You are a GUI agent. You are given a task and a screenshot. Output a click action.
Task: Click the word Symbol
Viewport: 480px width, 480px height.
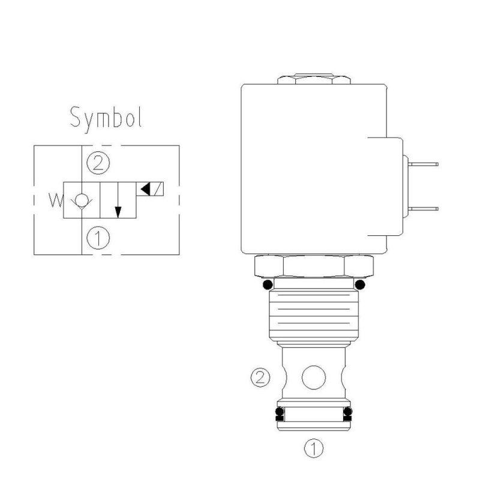pyautogui.click(x=106, y=118)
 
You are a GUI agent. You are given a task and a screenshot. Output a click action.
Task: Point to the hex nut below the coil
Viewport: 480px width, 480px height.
pyautogui.click(x=314, y=265)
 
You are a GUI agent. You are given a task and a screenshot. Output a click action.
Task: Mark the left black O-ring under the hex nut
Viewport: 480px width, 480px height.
pyautogui.click(x=268, y=284)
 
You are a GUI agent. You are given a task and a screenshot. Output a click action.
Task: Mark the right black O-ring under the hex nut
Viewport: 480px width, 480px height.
pyautogui.click(x=360, y=284)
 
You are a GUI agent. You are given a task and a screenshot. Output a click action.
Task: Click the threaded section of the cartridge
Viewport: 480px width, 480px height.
pyautogui.click(x=314, y=313)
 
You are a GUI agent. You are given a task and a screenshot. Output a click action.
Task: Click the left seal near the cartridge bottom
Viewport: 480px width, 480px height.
pyautogui.click(x=278, y=413)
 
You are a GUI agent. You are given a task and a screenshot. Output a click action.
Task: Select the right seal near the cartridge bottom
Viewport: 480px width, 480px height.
pyautogui.click(x=348, y=413)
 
